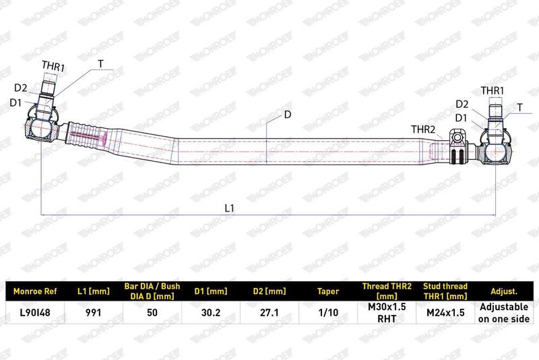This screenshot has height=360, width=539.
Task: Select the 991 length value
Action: click(x=94, y=313)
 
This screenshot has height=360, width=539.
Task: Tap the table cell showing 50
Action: click(x=152, y=313)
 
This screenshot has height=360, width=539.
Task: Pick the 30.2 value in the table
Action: click(x=211, y=313)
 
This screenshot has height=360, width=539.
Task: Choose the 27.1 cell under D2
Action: click(x=269, y=313)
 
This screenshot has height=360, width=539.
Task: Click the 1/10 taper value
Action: click(x=328, y=313)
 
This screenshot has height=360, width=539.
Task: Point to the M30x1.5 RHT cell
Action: click(x=387, y=313)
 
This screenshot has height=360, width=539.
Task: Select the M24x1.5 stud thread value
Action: click(x=445, y=313)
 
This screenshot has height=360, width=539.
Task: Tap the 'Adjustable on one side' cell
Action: click(x=504, y=313)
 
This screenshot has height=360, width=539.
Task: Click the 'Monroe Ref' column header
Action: click(x=35, y=291)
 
